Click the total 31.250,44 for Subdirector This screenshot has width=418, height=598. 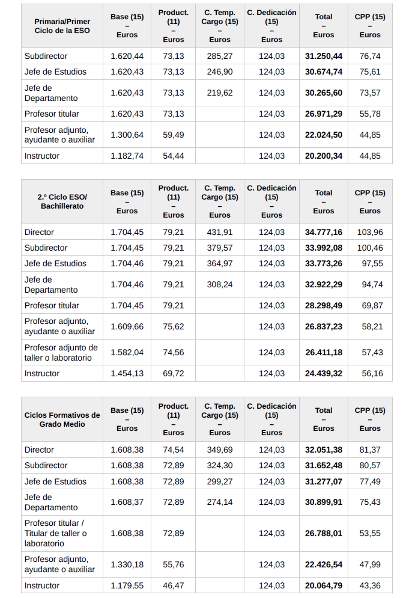323,56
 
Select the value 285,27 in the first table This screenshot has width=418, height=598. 219,56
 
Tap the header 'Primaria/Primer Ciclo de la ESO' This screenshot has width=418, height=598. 62,26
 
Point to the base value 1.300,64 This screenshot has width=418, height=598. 127,135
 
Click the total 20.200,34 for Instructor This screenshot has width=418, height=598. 323,156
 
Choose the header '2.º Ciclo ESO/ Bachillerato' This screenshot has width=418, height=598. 62,201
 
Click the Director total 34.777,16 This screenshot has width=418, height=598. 323,232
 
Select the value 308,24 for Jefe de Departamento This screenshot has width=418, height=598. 219,284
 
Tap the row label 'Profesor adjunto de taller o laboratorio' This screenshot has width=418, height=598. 61,352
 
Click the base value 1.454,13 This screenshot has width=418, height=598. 127,373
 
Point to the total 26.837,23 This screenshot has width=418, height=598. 323,326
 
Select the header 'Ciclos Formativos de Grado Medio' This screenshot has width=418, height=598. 62,420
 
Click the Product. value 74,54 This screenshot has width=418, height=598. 174,450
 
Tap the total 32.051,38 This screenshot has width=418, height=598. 323,450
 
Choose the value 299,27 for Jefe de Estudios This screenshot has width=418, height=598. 219,481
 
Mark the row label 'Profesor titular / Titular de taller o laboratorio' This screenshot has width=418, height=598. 55,533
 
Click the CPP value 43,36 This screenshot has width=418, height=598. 370,585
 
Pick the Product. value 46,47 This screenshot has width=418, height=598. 174,585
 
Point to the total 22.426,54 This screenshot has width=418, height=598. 323,564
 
